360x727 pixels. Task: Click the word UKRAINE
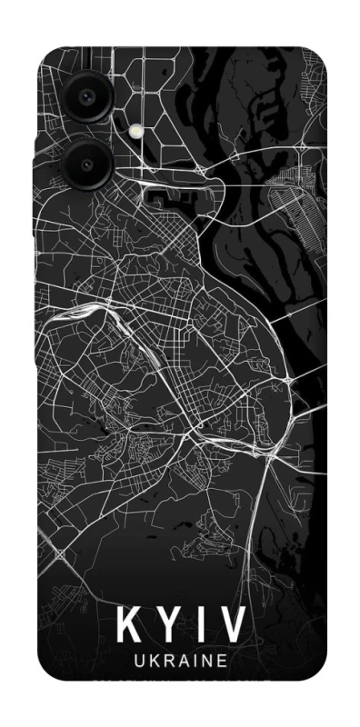(x=181, y=662)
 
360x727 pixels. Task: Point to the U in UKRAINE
(x=138, y=662)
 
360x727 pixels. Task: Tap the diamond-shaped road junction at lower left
(x=60, y=553)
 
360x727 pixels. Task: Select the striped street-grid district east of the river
(x=301, y=195)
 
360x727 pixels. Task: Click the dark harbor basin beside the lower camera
(x=168, y=193)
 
